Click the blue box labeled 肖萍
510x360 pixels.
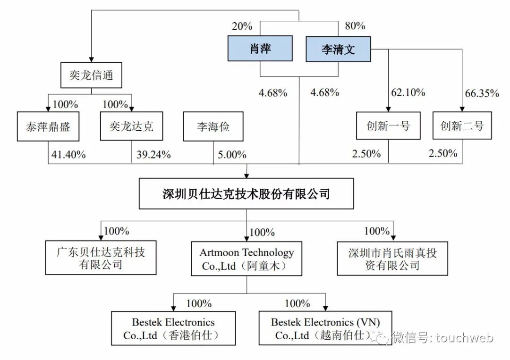click(260, 49)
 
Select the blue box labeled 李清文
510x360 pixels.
click(338, 50)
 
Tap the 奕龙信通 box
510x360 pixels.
click(91, 75)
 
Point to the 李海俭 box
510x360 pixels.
click(213, 126)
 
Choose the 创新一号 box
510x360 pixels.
click(388, 126)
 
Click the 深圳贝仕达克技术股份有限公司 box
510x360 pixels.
click(246, 193)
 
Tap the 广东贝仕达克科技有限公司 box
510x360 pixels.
click(101, 258)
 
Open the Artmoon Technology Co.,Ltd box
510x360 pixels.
click(246, 259)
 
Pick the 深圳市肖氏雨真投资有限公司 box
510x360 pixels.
click(392, 259)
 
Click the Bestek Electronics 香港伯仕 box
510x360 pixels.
click(173, 329)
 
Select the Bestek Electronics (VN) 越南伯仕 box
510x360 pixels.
click(325, 329)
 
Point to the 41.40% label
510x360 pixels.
click(67, 154)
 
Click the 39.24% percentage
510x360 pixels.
click(153, 154)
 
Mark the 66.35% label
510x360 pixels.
click(482, 93)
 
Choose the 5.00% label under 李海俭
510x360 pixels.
click(232, 154)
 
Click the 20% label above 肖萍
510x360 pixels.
click(242, 26)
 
